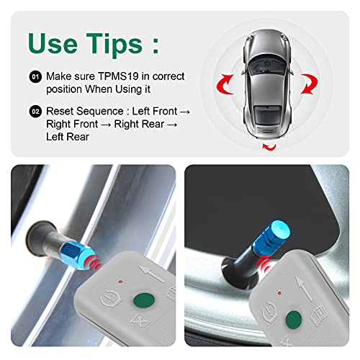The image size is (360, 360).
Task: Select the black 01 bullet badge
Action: click(x=35, y=75)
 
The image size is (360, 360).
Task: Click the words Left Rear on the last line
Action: click(x=68, y=136)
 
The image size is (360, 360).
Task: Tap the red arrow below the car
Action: click(x=271, y=147)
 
